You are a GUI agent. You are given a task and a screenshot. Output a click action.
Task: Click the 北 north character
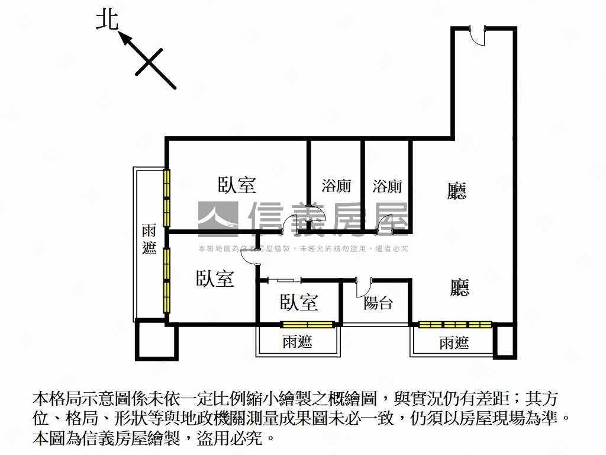click(107, 20)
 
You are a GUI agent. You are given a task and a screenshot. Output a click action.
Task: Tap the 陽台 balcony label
click(378, 303)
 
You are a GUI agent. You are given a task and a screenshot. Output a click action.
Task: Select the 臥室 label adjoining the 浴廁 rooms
click(237, 185)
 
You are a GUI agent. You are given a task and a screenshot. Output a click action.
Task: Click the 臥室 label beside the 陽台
click(299, 302)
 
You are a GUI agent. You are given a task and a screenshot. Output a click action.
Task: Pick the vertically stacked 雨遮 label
click(149, 239)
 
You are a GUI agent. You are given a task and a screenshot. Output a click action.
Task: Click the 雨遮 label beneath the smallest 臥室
click(297, 341)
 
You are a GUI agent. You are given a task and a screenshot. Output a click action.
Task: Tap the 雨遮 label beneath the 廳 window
click(454, 342)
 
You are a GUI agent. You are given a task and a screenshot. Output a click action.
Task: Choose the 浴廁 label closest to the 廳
click(387, 186)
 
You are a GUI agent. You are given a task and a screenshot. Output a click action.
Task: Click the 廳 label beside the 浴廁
click(457, 190)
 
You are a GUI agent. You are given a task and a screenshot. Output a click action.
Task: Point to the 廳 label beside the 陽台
click(460, 287)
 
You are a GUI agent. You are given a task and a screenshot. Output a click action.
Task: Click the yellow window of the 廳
click(455, 325)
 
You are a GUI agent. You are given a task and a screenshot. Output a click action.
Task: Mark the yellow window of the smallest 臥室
click(307, 325)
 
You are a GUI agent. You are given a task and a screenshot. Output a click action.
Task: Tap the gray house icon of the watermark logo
click(218, 219)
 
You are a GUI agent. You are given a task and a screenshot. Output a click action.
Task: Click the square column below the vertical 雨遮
click(156, 340)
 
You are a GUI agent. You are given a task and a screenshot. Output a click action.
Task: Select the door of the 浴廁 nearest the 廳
click(386, 225)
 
